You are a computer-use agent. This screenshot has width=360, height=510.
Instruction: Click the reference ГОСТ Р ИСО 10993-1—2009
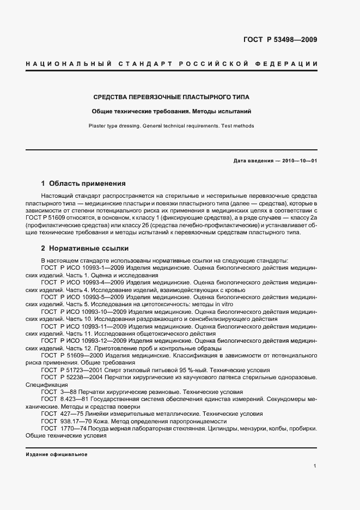[82, 268]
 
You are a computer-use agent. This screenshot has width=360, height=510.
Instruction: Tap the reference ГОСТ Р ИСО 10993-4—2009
[82, 283]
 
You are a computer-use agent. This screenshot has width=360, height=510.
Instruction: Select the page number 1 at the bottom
[315, 466]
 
